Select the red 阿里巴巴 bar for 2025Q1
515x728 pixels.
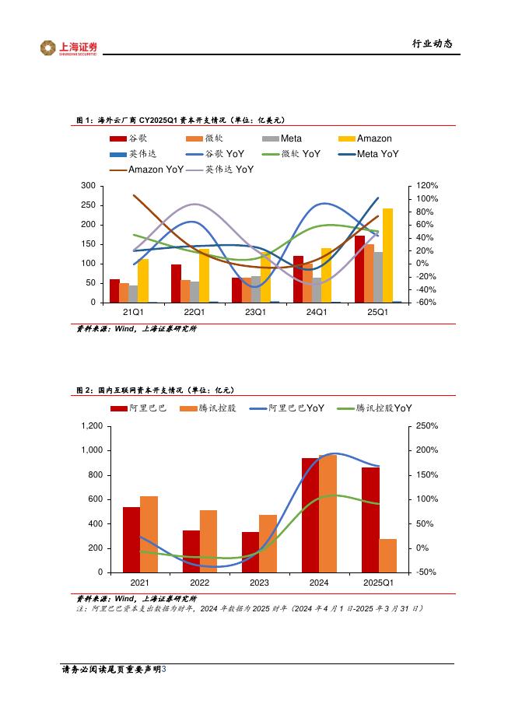tap(370, 520)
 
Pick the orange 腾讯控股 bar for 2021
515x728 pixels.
tap(149, 534)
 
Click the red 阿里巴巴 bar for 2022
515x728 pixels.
tap(191, 551)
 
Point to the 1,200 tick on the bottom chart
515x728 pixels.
tap(92, 426)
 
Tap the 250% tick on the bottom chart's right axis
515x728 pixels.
tap(428, 426)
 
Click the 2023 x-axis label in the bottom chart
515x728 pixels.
tap(259, 583)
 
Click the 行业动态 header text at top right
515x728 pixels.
tap(432, 44)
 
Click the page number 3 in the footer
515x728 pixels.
tap(163, 669)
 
